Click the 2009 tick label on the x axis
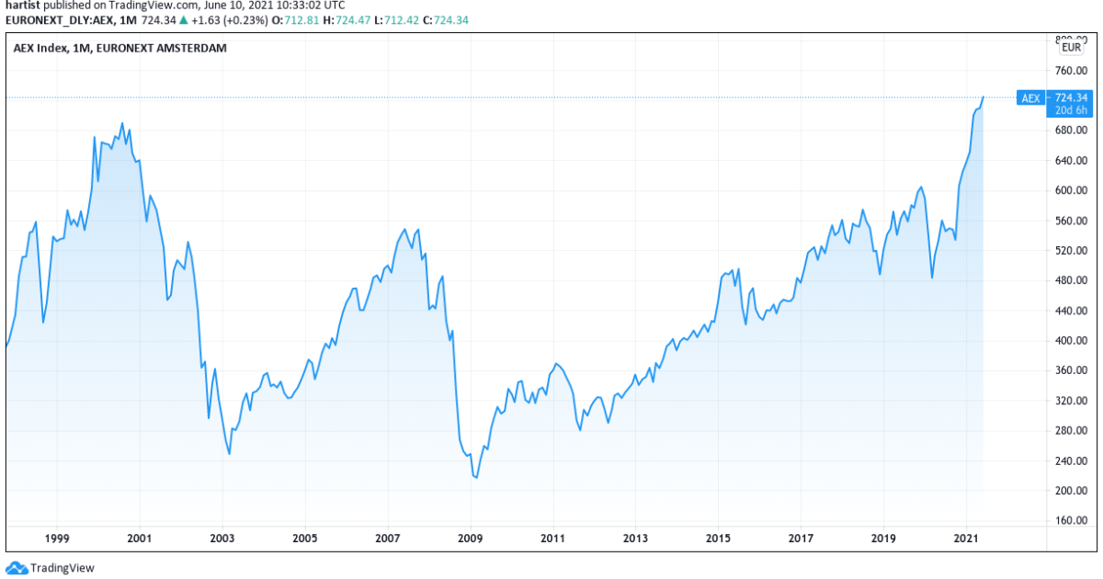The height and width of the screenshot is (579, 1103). click(470, 538)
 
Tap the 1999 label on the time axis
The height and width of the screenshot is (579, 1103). click(57, 538)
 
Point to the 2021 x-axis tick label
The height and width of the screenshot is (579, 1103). click(965, 538)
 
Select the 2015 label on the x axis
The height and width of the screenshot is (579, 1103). click(718, 538)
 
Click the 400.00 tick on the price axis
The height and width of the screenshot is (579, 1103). click(1071, 341)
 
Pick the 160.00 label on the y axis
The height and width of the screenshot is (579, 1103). click(1071, 521)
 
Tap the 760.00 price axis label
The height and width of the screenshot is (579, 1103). click(1071, 71)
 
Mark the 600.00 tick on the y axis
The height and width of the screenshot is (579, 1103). click(1071, 191)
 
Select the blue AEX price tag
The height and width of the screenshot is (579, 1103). click(1030, 97)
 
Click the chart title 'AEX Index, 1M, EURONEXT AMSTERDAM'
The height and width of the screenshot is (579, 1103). click(119, 48)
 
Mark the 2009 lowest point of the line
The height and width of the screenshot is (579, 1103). click(476, 478)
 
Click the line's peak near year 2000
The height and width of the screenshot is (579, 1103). click(122, 123)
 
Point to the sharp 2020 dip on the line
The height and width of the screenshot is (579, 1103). click(932, 278)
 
